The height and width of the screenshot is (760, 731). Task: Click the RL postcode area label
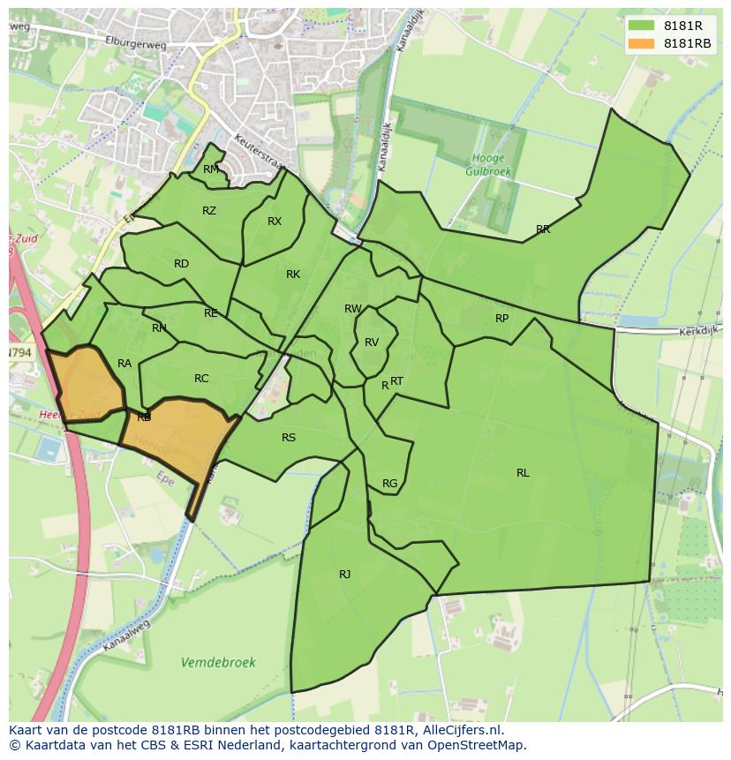click(x=523, y=473)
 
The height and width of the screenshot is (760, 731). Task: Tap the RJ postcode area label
click(x=344, y=575)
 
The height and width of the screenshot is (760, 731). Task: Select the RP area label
click(x=501, y=319)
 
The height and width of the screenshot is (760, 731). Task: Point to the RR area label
click(x=543, y=230)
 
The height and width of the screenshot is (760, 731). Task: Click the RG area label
click(x=389, y=484)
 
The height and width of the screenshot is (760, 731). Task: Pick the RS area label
click(x=289, y=438)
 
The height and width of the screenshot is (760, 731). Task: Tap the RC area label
click(x=201, y=379)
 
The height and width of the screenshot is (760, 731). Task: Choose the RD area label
click(x=181, y=264)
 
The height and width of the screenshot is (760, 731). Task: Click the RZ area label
click(x=209, y=211)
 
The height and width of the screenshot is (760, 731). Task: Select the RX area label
click(x=275, y=222)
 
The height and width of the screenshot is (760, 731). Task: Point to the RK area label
click(x=293, y=275)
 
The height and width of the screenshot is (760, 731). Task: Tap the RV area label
click(x=372, y=342)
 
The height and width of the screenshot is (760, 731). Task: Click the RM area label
click(x=211, y=169)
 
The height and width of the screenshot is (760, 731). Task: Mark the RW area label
click(x=353, y=309)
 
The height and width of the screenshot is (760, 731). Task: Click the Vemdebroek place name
click(x=218, y=662)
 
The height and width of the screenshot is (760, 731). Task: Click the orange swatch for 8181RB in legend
click(x=642, y=43)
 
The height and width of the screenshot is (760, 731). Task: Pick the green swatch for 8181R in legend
click(x=642, y=26)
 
